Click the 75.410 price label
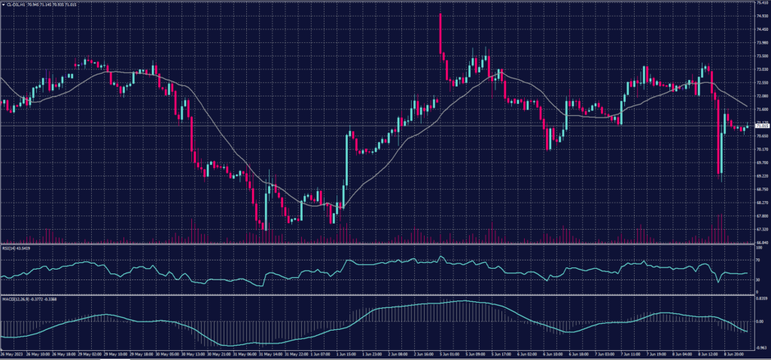[762, 3]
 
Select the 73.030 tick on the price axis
[762, 69]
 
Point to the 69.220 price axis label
[762, 175]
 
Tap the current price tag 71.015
[762, 127]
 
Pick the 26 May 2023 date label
[11, 353]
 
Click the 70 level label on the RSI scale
[759, 259]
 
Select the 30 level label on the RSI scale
[759, 279]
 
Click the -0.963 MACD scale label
[761, 348]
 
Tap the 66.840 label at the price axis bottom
[762, 243]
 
